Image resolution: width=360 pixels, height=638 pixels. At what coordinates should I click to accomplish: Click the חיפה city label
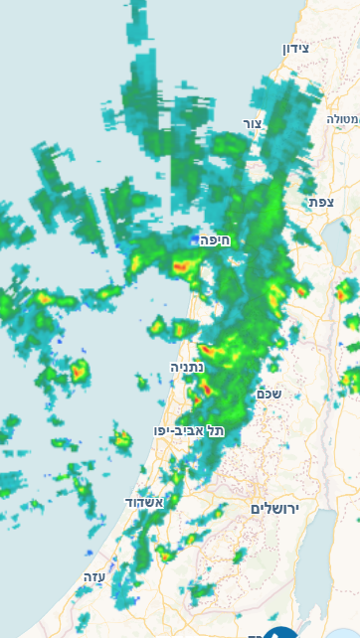[x=215, y=239]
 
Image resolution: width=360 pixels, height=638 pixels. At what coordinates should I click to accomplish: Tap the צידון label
[x=296, y=49]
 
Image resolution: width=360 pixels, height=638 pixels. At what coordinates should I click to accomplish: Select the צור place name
[x=252, y=123]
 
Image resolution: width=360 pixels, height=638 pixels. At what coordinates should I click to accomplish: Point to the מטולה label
[x=343, y=118]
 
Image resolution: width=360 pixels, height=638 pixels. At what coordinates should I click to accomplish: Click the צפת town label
[x=320, y=202]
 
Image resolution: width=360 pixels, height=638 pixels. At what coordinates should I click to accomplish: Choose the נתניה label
[x=187, y=367]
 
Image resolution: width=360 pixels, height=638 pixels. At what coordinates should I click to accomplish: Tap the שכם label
[x=269, y=394]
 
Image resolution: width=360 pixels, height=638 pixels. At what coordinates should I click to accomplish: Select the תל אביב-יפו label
[x=189, y=430]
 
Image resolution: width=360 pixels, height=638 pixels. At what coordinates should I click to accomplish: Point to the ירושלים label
[x=274, y=508]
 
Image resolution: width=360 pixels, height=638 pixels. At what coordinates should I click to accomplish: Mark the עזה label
[x=94, y=576]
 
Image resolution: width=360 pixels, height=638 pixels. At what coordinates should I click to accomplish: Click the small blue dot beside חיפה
[x=195, y=239]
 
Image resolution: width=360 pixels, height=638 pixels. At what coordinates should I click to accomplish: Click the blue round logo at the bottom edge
[x=282, y=631]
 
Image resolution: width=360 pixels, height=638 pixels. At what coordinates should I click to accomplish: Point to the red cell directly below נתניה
[x=207, y=388]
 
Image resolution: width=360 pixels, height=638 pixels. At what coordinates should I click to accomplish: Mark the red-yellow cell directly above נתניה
[x=209, y=350]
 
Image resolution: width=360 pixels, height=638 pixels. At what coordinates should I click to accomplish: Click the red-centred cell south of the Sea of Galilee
[x=345, y=290]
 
